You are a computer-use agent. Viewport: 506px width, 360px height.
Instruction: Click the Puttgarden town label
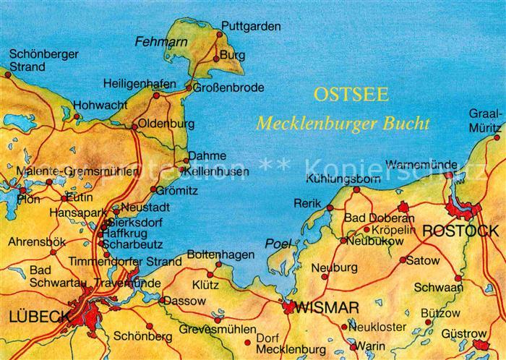pos(250,26)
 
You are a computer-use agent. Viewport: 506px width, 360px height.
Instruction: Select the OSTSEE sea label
pos(351,94)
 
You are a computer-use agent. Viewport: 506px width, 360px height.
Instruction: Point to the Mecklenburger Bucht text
pos(342,124)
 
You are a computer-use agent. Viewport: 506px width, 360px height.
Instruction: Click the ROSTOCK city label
pos(460,231)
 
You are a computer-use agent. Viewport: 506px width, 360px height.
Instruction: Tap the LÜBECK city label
pos(40,316)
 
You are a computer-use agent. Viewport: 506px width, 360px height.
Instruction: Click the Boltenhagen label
pos(220,254)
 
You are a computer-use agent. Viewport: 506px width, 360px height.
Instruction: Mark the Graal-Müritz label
pos(484,119)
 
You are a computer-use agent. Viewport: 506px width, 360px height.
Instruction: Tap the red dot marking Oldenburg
pos(134,127)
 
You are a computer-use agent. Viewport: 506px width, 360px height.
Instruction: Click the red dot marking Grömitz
pos(153,189)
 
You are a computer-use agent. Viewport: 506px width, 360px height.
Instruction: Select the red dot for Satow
pos(402,260)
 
